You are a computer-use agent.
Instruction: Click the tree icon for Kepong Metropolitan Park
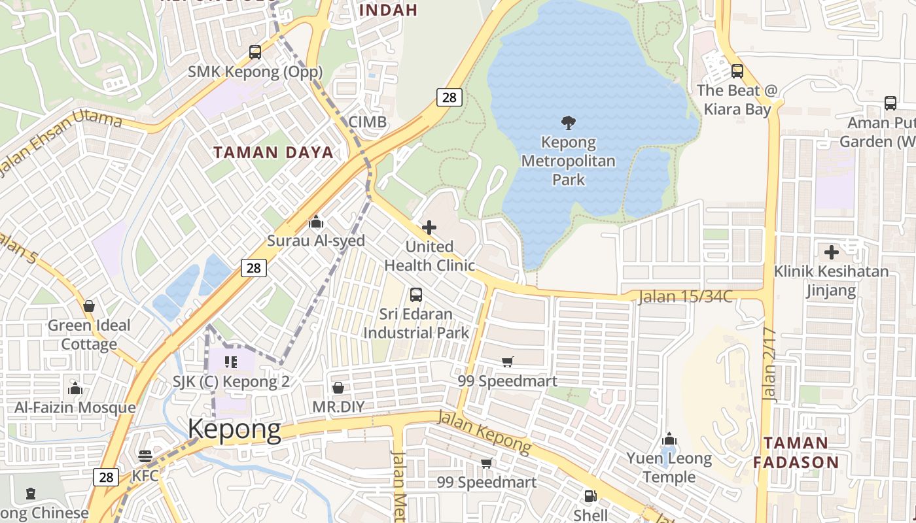coord(569,122)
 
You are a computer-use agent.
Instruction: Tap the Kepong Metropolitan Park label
coord(569,161)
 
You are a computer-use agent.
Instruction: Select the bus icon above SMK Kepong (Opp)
coord(255,52)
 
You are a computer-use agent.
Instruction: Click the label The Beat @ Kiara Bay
coord(737,99)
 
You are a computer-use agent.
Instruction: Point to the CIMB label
coord(367,122)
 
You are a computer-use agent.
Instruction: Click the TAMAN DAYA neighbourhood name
coord(273,153)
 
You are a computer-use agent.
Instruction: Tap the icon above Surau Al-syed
coord(316,222)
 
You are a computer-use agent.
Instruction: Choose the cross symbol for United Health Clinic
coord(429,228)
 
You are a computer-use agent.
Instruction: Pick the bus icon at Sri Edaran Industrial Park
coord(416,295)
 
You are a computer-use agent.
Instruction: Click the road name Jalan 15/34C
coord(685,296)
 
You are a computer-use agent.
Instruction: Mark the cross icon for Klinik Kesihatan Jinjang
coord(832,252)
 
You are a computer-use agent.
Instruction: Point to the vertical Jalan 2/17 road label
coord(769,363)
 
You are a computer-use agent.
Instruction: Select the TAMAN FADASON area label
coord(796,452)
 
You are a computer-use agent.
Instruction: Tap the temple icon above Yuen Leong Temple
coord(669,439)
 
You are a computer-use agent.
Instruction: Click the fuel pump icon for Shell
coord(590,496)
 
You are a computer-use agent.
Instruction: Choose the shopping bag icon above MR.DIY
coord(338,388)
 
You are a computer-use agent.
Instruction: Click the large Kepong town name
coord(234,430)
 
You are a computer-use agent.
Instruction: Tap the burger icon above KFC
coord(145,456)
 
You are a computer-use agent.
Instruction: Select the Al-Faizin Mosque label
coord(75,408)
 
